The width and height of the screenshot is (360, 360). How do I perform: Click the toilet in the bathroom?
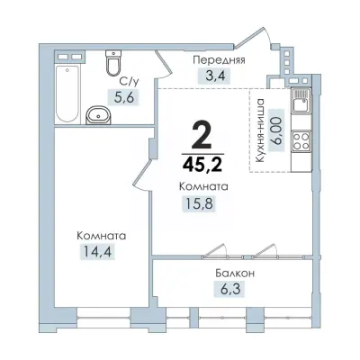coord(113,63)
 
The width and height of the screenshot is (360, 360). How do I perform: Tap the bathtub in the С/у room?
coord(67,94)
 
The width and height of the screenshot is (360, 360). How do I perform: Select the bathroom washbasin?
coord(98,114)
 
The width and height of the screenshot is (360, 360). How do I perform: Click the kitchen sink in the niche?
coord(301,101)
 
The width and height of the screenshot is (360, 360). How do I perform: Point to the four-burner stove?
coord(301,141)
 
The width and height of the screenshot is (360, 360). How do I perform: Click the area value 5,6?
coord(124,97)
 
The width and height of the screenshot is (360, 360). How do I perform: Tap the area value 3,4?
coord(215,76)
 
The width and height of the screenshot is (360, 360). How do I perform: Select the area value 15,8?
coord(199,203)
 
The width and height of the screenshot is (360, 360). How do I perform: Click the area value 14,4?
coord(97,251)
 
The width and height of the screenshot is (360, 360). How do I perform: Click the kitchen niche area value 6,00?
coord(277,130)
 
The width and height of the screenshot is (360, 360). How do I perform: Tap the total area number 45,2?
coord(202,164)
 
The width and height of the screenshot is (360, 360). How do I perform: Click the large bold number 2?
coord(202,137)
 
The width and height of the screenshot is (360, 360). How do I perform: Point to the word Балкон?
coord(235,274)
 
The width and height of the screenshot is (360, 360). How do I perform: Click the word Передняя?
coord(220,60)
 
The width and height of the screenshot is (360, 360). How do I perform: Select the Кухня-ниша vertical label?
coord(260,130)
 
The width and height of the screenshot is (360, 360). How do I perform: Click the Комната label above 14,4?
coord(102,236)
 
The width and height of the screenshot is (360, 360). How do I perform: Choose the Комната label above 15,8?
coord(203,187)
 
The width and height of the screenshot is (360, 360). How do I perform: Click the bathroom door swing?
coord(164,65)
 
